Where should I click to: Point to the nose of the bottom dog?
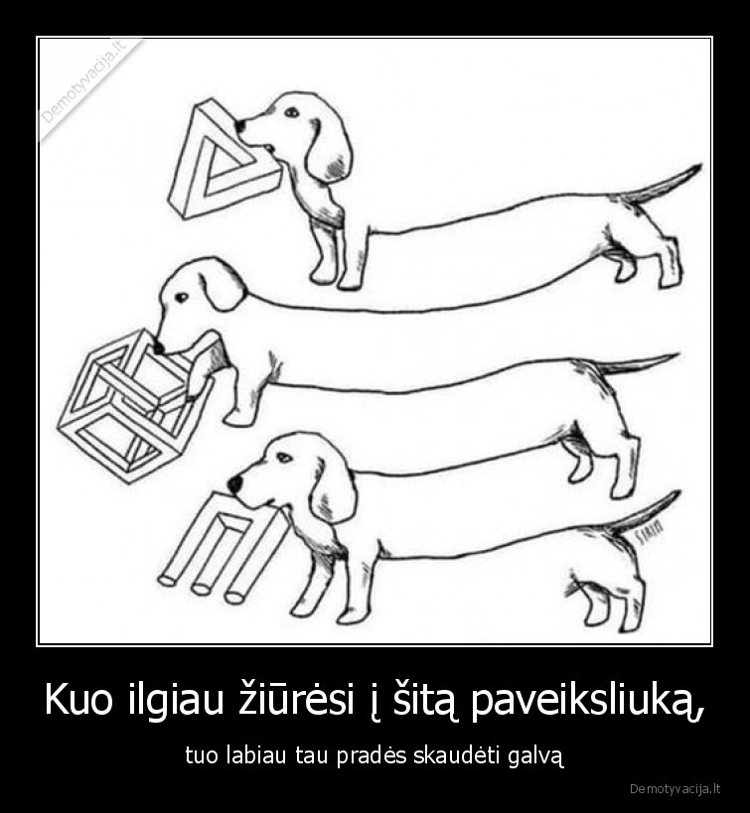pyautogui.click(x=234, y=483)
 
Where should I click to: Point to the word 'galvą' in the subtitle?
pyautogui.click(x=536, y=756)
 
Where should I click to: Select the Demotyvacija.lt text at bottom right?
pyautogui.click(x=675, y=789)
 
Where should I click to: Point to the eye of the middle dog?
pyautogui.click(x=181, y=296)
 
